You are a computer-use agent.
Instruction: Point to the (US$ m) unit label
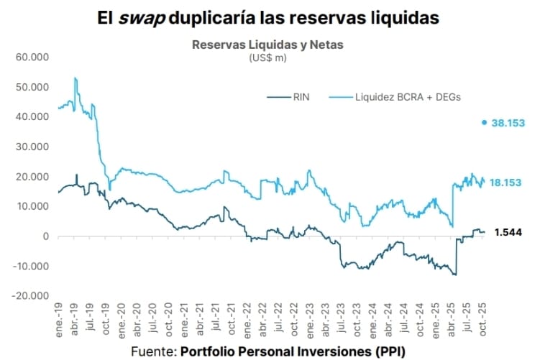point(267,57)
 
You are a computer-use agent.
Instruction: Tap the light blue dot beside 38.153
point(485,122)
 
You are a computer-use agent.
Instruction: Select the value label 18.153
point(506,183)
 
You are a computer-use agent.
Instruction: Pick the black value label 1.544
point(508,231)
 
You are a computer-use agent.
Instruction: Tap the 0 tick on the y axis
point(45,236)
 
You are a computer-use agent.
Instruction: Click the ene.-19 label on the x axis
point(58,318)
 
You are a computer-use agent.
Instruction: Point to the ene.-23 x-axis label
point(309,318)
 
